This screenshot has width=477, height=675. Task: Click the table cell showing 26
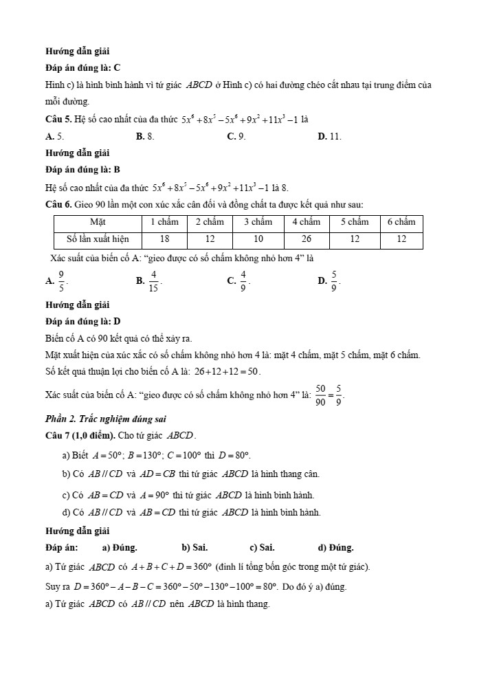tap(306, 239)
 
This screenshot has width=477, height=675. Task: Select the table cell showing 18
tap(165, 239)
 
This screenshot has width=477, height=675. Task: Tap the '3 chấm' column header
tap(258, 222)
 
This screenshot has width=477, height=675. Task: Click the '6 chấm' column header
tap(401, 222)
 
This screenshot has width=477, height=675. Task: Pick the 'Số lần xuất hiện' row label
tap(98, 239)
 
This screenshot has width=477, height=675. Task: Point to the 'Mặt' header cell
tap(98, 222)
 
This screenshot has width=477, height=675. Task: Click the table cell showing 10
tap(258, 239)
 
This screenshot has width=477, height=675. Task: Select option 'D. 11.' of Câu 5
tap(329, 137)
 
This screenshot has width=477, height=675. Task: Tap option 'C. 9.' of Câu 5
tap(236, 137)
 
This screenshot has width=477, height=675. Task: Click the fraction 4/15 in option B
tap(155, 280)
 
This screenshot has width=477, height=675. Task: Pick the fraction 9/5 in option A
tap(61, 280)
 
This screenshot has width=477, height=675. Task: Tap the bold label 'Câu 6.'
tap(58, 204)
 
